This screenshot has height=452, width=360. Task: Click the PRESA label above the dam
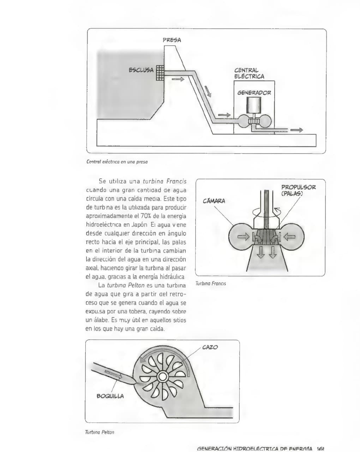pos(172,40)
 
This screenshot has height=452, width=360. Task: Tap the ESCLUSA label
pos(141,70)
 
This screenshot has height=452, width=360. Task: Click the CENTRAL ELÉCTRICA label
pos(249,73)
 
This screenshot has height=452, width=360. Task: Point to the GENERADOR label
pos(254,93)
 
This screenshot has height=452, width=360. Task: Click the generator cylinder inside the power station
pos(254,105)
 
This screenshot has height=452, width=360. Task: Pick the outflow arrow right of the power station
pos(296,130)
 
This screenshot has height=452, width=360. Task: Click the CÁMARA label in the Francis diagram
pos(214,201)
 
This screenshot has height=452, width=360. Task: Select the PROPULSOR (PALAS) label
pos(298,190)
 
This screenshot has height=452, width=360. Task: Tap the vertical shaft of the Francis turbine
pos(266,208)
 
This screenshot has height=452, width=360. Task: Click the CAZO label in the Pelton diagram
pos(210,347)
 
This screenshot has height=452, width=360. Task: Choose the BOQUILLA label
pos(110,396)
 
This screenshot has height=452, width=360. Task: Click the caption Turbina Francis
pos(210,283)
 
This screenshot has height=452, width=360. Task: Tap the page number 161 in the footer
pos(320,449)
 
